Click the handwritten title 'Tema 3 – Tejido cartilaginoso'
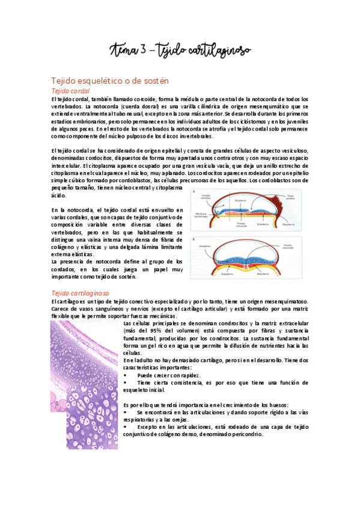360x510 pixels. (x=180, y=49)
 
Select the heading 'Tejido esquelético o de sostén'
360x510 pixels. (x=110, y=80)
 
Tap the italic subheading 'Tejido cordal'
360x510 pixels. (x=70, y=90)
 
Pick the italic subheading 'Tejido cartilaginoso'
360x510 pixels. (x=81, y=292)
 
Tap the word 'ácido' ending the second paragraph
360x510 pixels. (x=59, y=195)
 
